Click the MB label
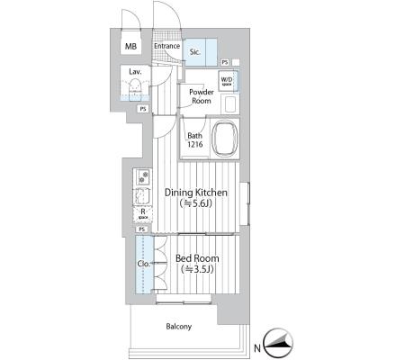pos(130,46)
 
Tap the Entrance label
pos(166,46)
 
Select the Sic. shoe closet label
pos(195,52)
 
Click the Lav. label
pos(135,72)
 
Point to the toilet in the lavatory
pos(135,89)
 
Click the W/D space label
pos(227,81)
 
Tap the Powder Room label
pos(202,96)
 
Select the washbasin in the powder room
pos(229,103)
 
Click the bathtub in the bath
pos(225,139)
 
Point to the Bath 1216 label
pos(195,139)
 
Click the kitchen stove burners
pos(143,177)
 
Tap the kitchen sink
pos(142,196)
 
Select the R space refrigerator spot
pos(143,214)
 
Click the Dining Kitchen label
pos(196,193)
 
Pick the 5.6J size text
pos(196,204)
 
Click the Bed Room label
pos(197,258)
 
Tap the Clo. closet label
pos(143,264)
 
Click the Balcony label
pos(179,327)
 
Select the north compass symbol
pos(277,343)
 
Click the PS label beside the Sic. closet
pos(225,62)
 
